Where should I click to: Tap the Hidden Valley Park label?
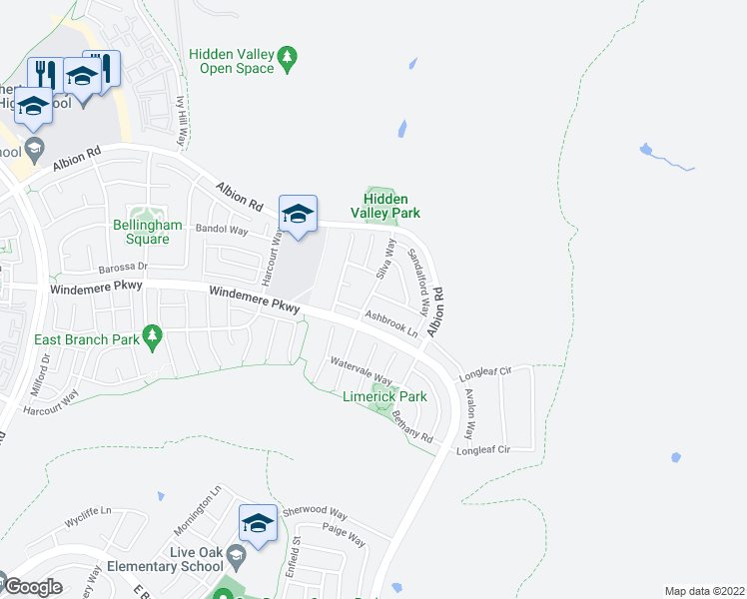[384, 206]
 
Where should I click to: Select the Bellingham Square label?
[147, 232]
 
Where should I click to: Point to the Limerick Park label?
[384, 396]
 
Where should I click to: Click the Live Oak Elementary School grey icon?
[236, 553]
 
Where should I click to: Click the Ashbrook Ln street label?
[389, 323]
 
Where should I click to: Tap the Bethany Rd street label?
[411, 426]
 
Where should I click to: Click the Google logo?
[33, 587]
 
